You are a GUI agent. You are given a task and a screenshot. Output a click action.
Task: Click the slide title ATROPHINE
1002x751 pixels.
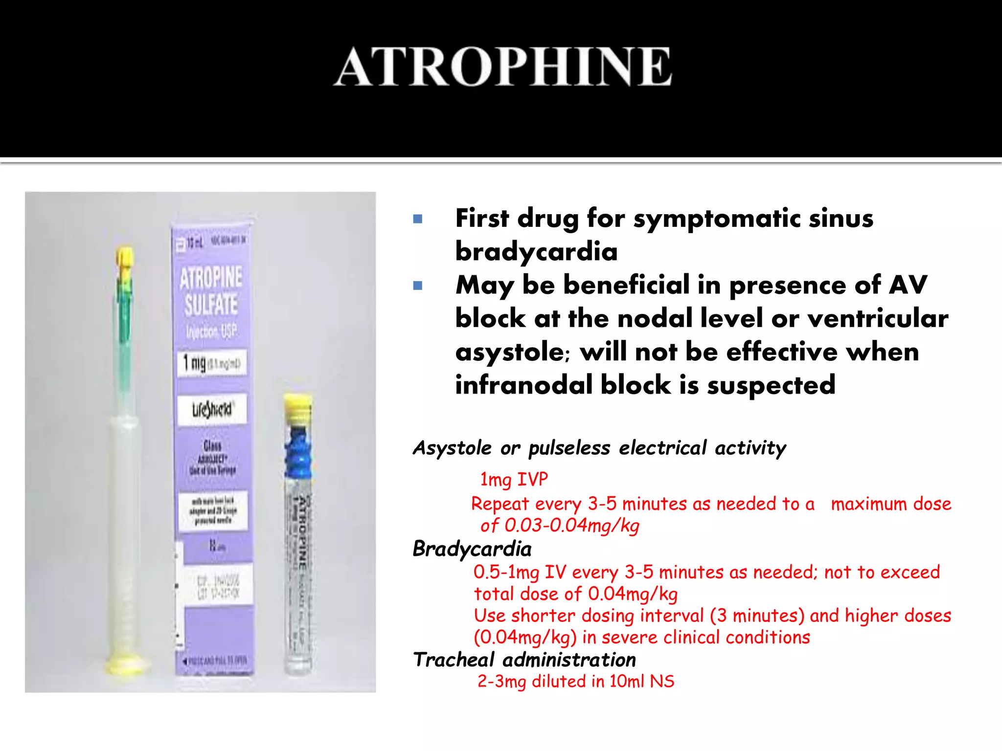(x=503, y=67)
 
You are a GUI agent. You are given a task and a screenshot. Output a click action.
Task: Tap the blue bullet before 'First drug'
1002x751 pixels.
(x=417, y=219)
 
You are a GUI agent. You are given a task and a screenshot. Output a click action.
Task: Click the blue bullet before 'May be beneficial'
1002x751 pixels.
(x=417, y=286)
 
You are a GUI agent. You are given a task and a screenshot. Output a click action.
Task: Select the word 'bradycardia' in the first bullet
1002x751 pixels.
(x=536, y=252)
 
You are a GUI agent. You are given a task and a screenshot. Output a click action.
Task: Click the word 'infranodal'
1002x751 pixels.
(x=524, y=385)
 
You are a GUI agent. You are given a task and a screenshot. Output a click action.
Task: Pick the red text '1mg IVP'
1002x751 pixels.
(x=514, y=480)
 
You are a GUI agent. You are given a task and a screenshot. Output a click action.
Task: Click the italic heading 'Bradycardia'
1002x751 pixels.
(x=472, y=549)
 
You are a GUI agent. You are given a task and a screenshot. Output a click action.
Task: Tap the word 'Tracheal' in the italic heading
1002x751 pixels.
(x=454, y=660)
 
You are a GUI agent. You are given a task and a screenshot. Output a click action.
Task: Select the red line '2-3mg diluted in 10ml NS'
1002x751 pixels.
(x=576, y=681)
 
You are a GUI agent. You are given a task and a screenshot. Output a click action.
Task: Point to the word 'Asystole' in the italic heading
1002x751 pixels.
(x=452, y=448)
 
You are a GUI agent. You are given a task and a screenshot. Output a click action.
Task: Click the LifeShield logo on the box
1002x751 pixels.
(x=212, y=409)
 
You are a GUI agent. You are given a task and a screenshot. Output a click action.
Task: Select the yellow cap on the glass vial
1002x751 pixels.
(x=297, y=408)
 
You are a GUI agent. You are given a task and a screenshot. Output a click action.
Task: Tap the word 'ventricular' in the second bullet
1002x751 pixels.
(x=878, y=319)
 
